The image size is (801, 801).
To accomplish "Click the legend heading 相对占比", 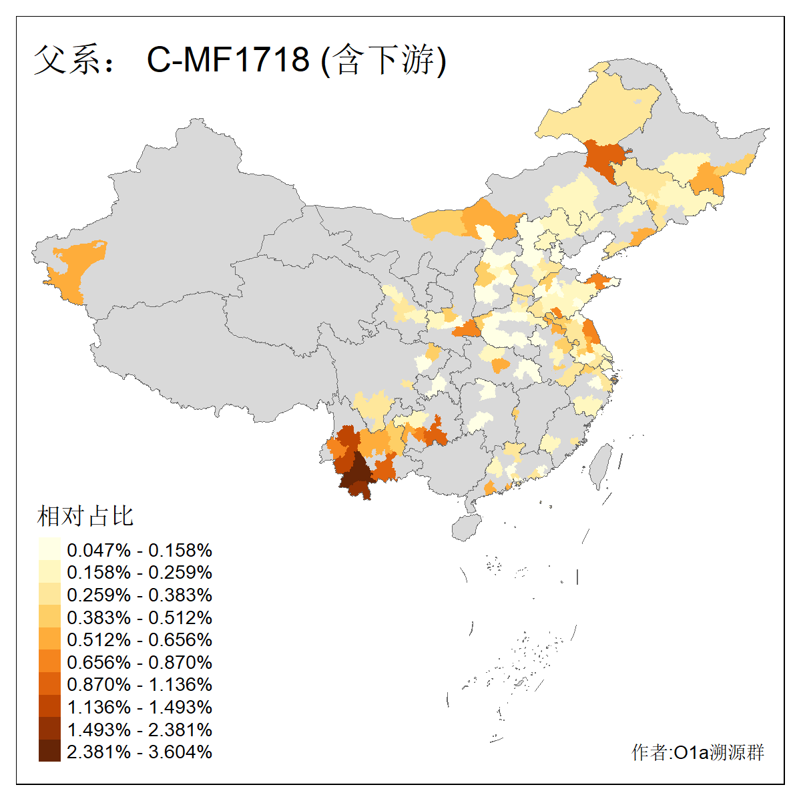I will coord(85,516).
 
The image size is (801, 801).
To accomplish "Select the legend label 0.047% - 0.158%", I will coord(140,551).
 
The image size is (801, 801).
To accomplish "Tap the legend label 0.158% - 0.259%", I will coord(140,573).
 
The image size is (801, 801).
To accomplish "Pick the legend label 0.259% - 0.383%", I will coord(140,595).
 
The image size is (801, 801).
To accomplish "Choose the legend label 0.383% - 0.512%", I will coord(140,617).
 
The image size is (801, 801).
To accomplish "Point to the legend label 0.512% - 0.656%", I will coord(140,640).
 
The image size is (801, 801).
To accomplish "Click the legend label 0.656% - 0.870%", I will coord(140,663).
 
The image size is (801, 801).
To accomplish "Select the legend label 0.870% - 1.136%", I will coord(140,685).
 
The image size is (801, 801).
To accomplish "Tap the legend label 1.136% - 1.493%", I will coord(140,708).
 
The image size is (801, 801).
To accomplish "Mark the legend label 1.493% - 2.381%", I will coord(140,730).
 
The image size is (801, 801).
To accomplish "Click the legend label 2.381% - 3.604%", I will coord(140,752).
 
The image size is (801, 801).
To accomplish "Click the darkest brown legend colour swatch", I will coord(49,751).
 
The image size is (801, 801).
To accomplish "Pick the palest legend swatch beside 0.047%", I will coord(49,549).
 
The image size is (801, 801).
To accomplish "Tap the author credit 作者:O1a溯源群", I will coord(698,753).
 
